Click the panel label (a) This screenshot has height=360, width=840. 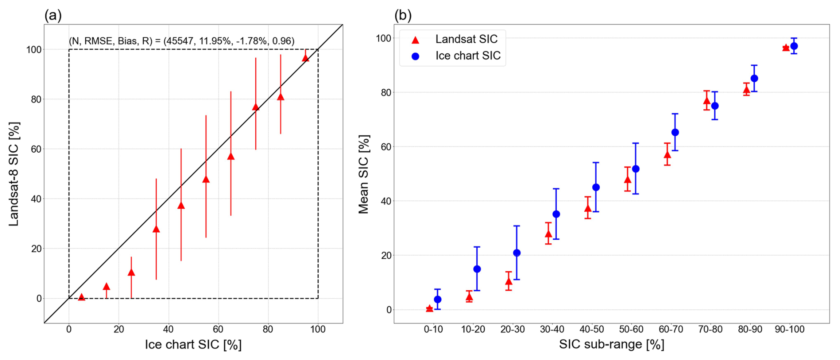(x=53, y=16)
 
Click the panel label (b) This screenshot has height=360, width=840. (x=403, y=16)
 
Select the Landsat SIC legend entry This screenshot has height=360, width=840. (x=466, y=39)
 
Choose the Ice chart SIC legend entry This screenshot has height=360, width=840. (x=468, y=56)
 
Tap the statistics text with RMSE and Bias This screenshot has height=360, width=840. (x=181, y=41)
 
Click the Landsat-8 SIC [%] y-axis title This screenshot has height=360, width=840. (x=14, y=174)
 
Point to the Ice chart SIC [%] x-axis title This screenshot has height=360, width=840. (x=193, y=345)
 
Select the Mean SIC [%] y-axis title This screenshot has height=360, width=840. (x=364, y=174)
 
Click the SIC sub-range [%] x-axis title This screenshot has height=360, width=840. (x=611, y=344)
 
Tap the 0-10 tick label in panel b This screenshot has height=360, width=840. (x=433, y=329)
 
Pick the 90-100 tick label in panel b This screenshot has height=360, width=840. (x=790, y=329)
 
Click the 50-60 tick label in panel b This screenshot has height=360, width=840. (x=631, y=329)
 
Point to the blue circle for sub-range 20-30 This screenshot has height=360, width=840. (x=517, y=253)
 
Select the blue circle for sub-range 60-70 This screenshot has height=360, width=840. (x=675, y=132)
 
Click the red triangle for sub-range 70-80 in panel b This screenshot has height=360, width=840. (x=707, y=100)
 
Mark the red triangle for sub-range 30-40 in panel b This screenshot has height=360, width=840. (x=548, y=234)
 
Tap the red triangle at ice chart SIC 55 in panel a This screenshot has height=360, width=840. (x=206, y=179)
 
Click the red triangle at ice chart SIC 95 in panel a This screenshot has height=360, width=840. (x=305, y=58)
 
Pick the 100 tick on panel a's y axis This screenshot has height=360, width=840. (x=34, y=50)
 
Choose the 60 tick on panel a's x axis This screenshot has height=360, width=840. (x=218, y=329)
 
